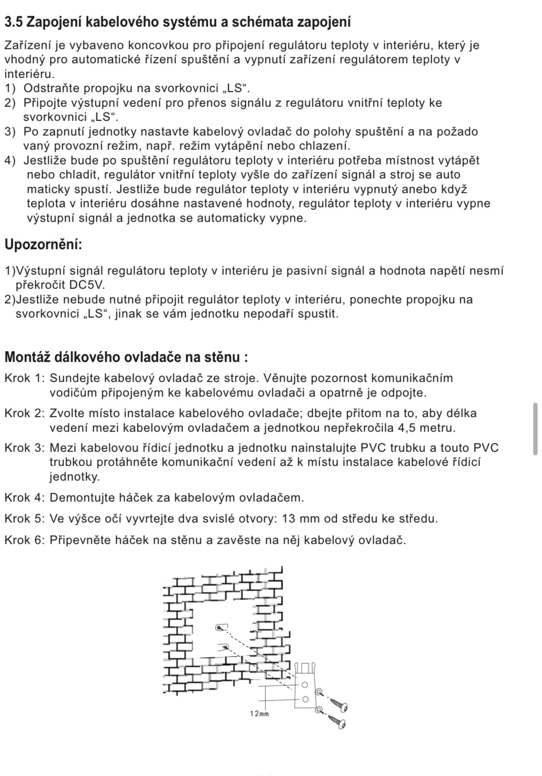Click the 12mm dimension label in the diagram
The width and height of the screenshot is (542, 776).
[x=260, y=714]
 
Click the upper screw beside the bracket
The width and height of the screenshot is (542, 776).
[x=338, y=704]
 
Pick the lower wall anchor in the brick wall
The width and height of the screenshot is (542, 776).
[x=224, y=647]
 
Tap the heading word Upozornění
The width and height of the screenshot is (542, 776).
[x=43, y=245]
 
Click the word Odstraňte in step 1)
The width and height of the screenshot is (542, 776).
[x=53, y=89]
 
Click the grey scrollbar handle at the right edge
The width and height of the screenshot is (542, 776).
[x=535, y=429]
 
